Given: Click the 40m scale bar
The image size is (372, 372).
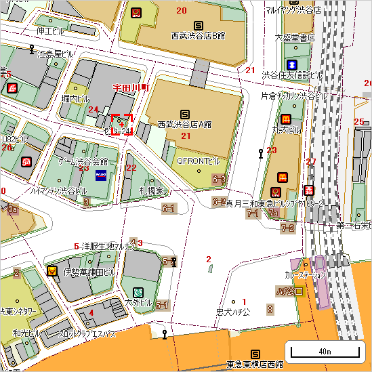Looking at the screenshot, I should [x=324, y=350].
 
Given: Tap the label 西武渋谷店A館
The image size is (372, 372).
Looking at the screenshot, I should [x=184, y=125].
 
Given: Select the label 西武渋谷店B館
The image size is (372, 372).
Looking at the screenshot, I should [x=198, y=35].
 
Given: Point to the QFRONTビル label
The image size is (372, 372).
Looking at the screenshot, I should [x=199, y=161].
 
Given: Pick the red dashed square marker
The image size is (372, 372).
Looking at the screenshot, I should [x=121, y=124].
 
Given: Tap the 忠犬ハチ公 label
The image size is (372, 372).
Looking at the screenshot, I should [x=232, y=312].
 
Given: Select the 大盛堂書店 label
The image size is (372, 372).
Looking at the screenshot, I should [x=295, y=38].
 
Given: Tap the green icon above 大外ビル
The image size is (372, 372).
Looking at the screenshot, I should [x=139, y=291].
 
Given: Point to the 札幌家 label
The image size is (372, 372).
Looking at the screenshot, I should [x=152, y=192].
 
